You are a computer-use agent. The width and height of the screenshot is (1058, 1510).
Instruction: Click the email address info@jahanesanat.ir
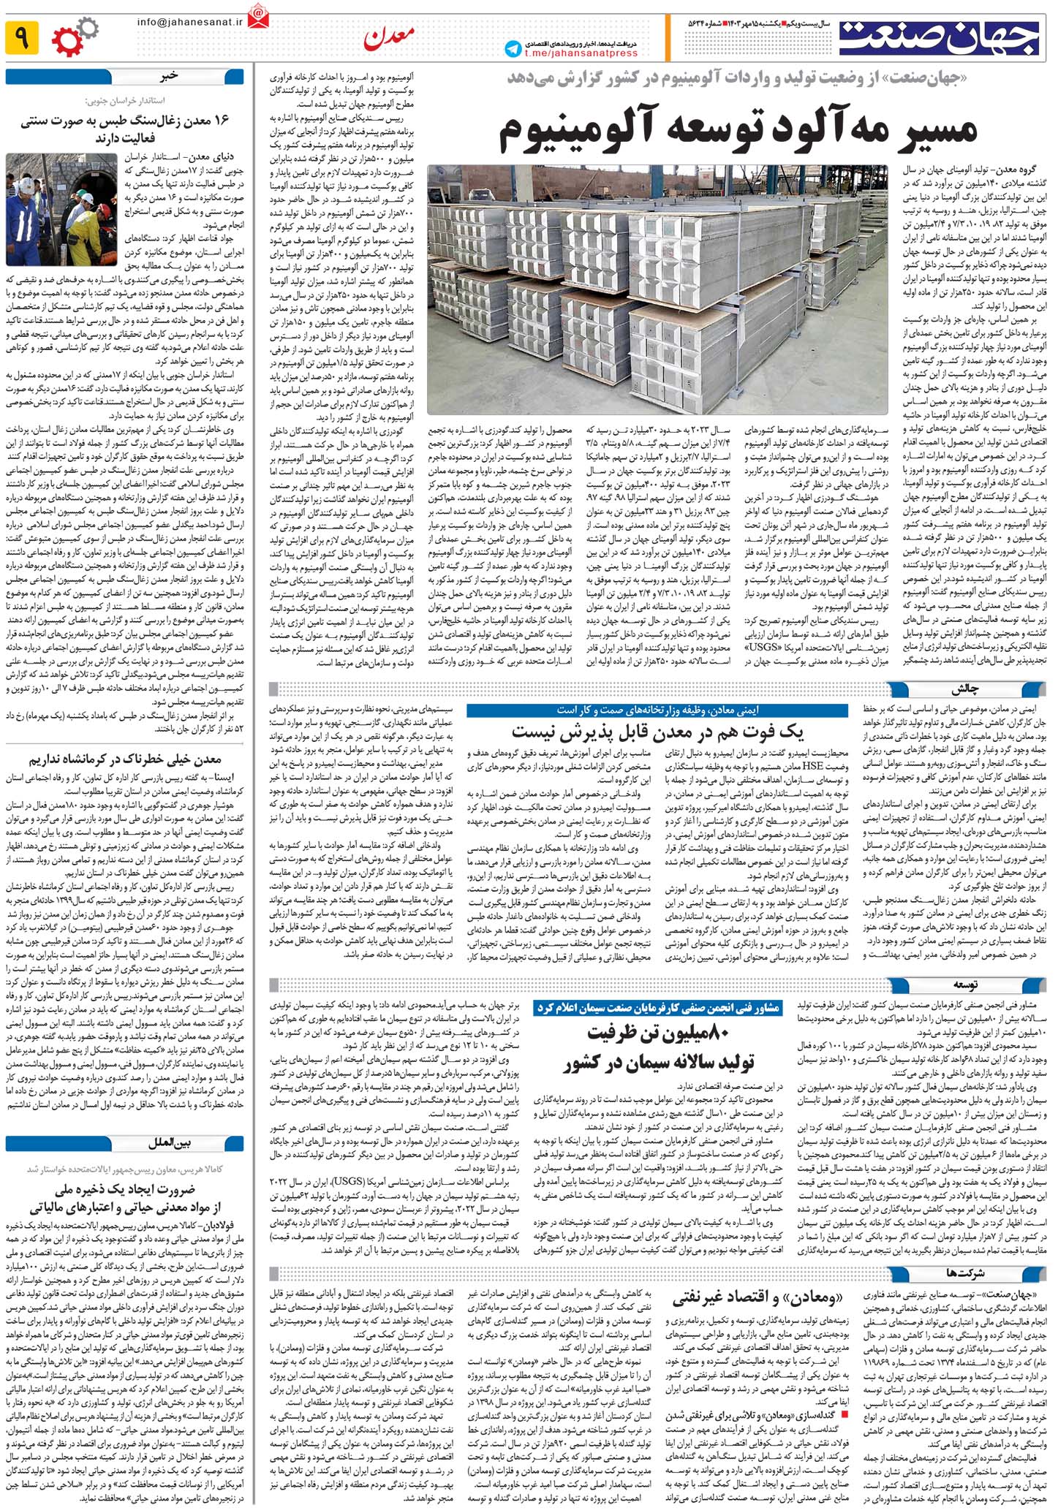pyautogui.click(x=189, y=22)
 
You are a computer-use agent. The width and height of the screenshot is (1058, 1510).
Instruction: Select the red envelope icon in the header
pyautogui.click(x=258, y=17)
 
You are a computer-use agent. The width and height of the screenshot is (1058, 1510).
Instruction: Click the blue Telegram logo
pyautogui.click(x=513, y=49)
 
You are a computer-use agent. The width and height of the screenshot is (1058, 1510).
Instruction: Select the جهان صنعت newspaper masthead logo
pyautogui.click(x=939, y=38)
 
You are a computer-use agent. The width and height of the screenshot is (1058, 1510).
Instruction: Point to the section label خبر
pyautogui.click(x=169, y=75)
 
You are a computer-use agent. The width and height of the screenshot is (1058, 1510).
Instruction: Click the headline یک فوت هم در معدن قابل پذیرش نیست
pyautogui.click(x=657, y=732)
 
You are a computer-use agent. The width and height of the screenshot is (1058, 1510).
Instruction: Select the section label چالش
pyautogui.click(x=964, y=689)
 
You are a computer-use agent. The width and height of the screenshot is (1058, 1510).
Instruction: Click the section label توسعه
pyautogui.click(x=966, y=985)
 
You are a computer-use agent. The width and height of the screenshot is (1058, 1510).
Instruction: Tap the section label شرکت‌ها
pyautogui.click(x=965, y=1272)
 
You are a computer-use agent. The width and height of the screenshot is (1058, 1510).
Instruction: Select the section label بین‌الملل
pyautogui.click(x=170, y=1142)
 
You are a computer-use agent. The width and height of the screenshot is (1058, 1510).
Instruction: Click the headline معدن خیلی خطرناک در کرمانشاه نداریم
pyautogui.click(x=125, y=759)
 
